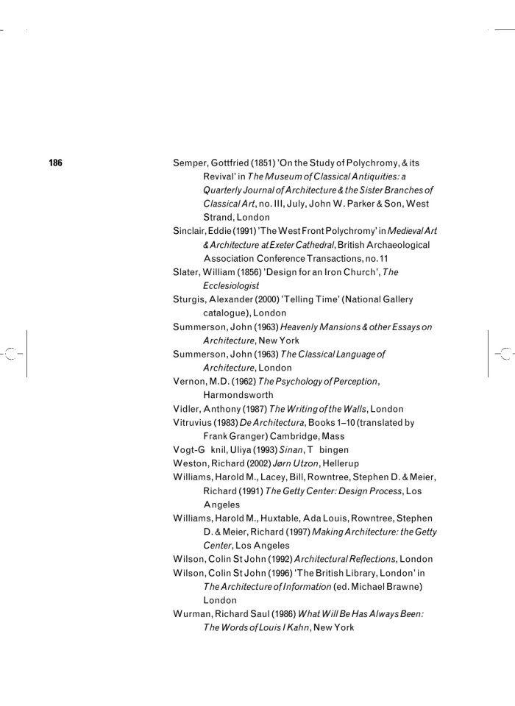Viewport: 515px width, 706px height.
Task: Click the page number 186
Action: pyautogui.click(x=56, y=163)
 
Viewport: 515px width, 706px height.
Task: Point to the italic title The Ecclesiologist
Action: pyautogui.click(x=230, y=285)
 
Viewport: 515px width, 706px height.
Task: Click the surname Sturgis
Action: pyautogui.click(x=191, y=299)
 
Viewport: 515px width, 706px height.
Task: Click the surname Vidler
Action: pyautogui.click(x=187, y=408)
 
